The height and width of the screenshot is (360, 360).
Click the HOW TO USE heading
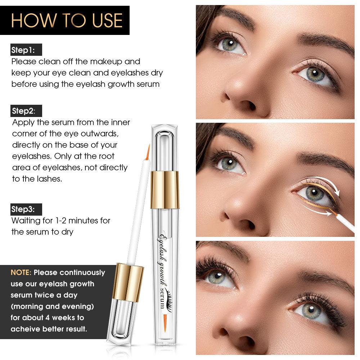(x=67, y=21)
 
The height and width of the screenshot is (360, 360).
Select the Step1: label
(x=23, y=50)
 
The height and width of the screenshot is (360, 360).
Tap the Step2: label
(x=23, y=111)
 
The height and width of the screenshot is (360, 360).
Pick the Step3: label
(x=23, y=209)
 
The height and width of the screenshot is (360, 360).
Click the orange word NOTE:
(x=21, y=272)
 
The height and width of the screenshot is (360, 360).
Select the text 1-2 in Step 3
(x=61, y=221)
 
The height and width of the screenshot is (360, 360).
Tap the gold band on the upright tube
(x=165, y=190)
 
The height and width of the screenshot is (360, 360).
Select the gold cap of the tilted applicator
(x=128, y=282)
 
